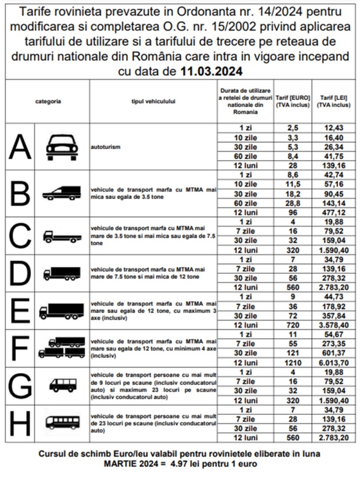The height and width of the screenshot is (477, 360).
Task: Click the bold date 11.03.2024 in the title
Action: click(211, 71)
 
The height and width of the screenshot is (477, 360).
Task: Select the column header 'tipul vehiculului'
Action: click(153, 101)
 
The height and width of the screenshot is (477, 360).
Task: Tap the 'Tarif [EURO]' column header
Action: click(293, 101)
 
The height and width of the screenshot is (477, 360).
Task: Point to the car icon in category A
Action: click(62, 147)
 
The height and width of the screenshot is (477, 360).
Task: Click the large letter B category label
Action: click(20, 194)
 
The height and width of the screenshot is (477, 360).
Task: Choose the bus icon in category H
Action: click(62, 423)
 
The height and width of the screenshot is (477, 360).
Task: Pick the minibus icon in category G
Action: click(63, 385)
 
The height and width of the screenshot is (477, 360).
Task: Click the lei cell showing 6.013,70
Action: click(334, 363)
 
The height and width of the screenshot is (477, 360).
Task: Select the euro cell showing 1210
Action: click(293, 363)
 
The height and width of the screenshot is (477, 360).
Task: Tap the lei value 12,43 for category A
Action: click(334, 128)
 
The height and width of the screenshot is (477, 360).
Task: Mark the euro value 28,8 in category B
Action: click(293, 203)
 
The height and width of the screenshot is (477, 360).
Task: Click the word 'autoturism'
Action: click(106, 147)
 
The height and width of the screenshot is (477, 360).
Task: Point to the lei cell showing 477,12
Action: click(334, 212)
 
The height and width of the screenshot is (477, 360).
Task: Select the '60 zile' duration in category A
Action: click(245, 156)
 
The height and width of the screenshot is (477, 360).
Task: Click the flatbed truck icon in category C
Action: click(62, 236)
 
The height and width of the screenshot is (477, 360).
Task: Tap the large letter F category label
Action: click(20, 348)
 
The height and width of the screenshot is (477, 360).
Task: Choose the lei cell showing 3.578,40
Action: click(334, 325)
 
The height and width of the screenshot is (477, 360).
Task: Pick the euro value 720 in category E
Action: click(293, 325)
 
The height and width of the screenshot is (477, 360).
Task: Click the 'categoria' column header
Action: click(48, 101)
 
